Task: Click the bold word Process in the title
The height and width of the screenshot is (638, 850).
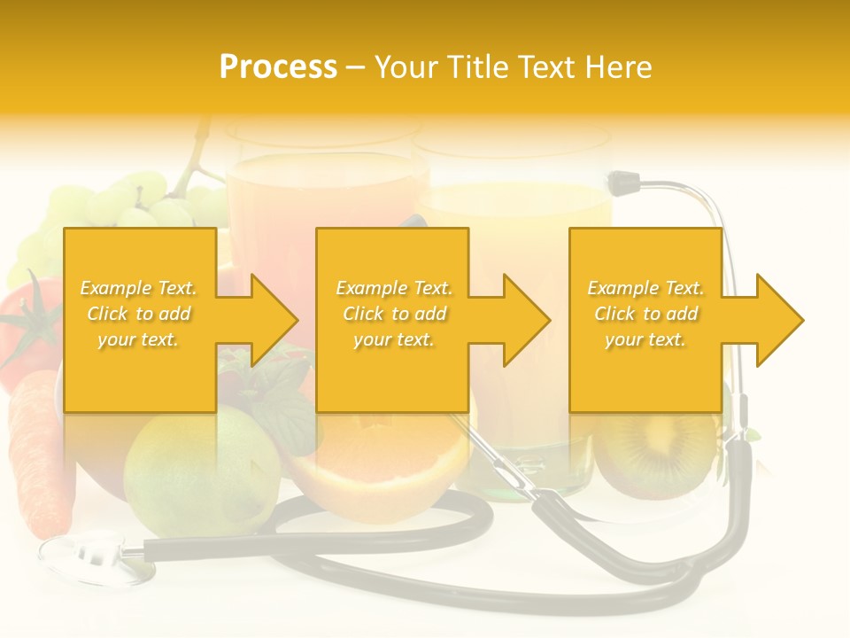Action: tap(278, 67)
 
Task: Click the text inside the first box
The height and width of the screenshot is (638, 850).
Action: tap(138, 314)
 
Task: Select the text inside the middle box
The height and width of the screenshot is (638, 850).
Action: tap(393, 314)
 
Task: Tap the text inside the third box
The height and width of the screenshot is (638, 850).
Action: tap(645, 314)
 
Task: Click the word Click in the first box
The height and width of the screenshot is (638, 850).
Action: tap(107, 314)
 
